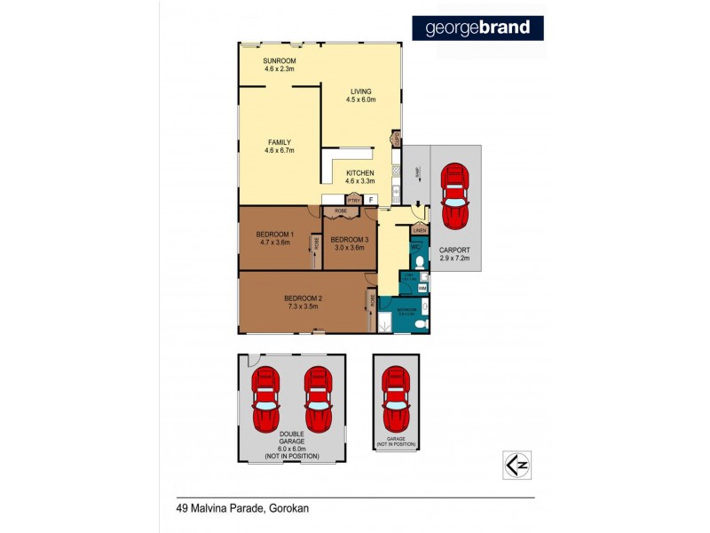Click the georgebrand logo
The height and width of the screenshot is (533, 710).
click(477, 28)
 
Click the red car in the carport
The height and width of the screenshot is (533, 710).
click(455, 195)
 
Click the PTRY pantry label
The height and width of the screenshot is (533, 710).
click(353, 200)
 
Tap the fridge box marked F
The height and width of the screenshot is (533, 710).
click(370, 200)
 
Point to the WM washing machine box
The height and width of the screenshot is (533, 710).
click(422, 288)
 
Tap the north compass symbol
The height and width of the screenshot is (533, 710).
click(510, 465)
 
